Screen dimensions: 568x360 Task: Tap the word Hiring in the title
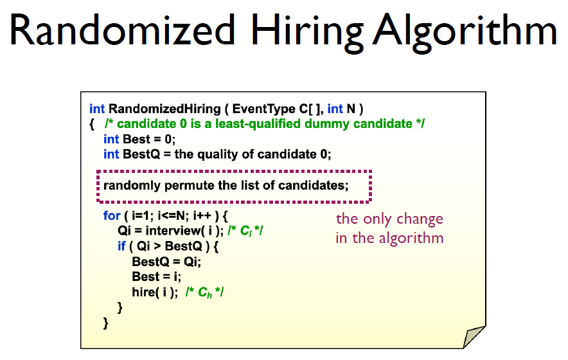pos(306,33)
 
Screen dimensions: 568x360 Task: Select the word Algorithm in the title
pos(465,33)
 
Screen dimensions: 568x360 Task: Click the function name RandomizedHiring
pos(164,109)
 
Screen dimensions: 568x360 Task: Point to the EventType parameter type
pos(263,109)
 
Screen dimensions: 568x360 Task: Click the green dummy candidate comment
pos(265,124)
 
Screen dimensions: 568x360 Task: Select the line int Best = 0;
pos(139,139)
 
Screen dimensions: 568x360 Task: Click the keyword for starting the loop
pos(112,216)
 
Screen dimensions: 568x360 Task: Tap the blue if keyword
pos(121,246)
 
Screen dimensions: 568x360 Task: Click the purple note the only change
pos(389,219)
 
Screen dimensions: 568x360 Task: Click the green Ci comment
pos(245,231)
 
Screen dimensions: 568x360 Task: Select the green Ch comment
pos(205,292)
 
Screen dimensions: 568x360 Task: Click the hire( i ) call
pos(155,292)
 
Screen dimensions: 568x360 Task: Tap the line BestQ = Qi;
pos(166,262)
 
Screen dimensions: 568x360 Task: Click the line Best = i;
pos(157,276)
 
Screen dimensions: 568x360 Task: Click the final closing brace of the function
pos(106,323)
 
